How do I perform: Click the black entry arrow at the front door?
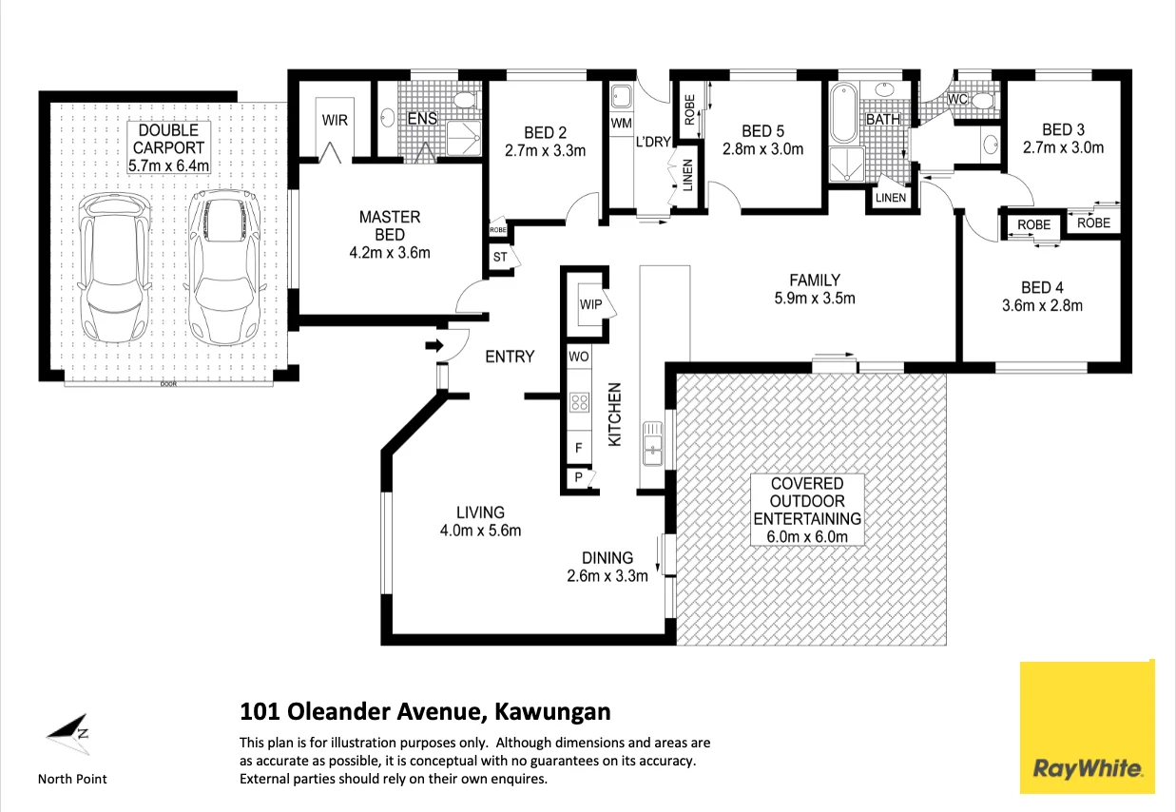[x=434, y=345]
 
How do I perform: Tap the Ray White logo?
[x=1088, y=727]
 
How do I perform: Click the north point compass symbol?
[x=68, y=734]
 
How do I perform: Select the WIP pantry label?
[x=590, y=304]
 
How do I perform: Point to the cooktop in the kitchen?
[x=580, y=403]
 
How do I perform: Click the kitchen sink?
[x=653, y=444]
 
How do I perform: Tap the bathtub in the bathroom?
[x=843, y=113]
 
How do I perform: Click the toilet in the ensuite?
[x=465, y=100]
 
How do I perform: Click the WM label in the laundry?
[x=621, y=124]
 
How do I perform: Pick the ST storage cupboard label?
[x=500, y=257]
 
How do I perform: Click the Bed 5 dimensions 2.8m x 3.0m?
[x=762, y=149]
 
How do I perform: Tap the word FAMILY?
[x=815, y=280]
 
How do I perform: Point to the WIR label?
[x=335, y=120]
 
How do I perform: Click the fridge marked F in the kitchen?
[x=579, y=448]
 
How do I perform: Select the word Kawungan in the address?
[x=553, y=711]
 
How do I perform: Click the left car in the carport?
[x=114, y=268]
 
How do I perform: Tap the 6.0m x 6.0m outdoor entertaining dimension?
[x=807, y=537]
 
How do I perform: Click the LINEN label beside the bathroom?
[x=891, y=198]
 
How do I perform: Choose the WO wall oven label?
[x=579, y=358]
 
